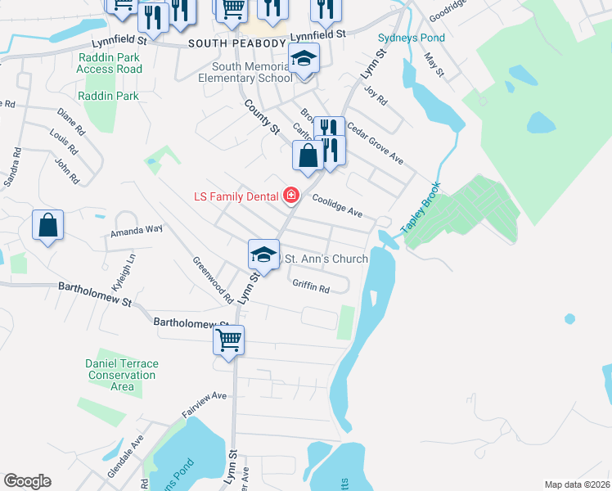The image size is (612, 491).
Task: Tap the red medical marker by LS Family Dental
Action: click(x=290, y=196)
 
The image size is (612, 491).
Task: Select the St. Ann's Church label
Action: click(x=325, y=259)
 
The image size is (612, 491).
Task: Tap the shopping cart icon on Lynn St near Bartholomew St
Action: click(x=229, y=339)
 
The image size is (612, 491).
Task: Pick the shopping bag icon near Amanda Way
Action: click(x=48, y=225)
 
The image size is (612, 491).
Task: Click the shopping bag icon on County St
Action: click(x=308, y=155)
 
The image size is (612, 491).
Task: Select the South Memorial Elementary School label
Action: click(x=245, y=73)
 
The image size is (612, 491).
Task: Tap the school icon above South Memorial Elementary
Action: click(x=304, y=59)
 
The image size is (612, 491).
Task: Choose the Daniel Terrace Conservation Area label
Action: click(x=122, y=375)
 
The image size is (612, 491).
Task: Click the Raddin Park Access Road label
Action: click(x=109, y=63)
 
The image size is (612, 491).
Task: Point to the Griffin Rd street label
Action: click(x=310, y=287)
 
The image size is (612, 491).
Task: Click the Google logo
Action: click(x=27, y=480)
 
